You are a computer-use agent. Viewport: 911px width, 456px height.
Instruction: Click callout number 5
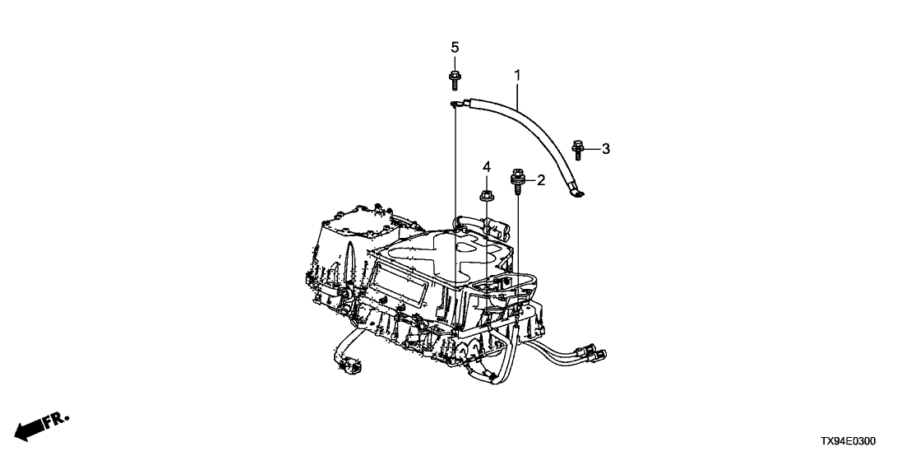tap(455, 47)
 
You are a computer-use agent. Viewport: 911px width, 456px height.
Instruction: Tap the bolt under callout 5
tap(454, 80)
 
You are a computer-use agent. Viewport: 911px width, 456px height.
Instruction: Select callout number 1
tap(517, 75)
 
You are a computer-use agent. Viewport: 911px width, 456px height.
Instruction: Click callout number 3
tap(605, 149)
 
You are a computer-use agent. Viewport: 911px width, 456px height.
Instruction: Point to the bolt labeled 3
tap(577, 150)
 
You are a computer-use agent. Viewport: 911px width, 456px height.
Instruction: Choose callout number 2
tap(541, 180)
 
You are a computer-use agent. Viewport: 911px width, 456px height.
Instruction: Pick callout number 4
tap(486, 168)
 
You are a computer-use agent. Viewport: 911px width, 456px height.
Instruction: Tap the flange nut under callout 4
tap(486, 196)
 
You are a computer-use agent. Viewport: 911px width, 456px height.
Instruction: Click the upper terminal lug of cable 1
tap(457, 104)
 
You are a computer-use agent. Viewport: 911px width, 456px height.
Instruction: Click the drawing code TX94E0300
tap(848, 442)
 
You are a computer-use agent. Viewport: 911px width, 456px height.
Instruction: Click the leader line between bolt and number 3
tap(591, 150)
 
